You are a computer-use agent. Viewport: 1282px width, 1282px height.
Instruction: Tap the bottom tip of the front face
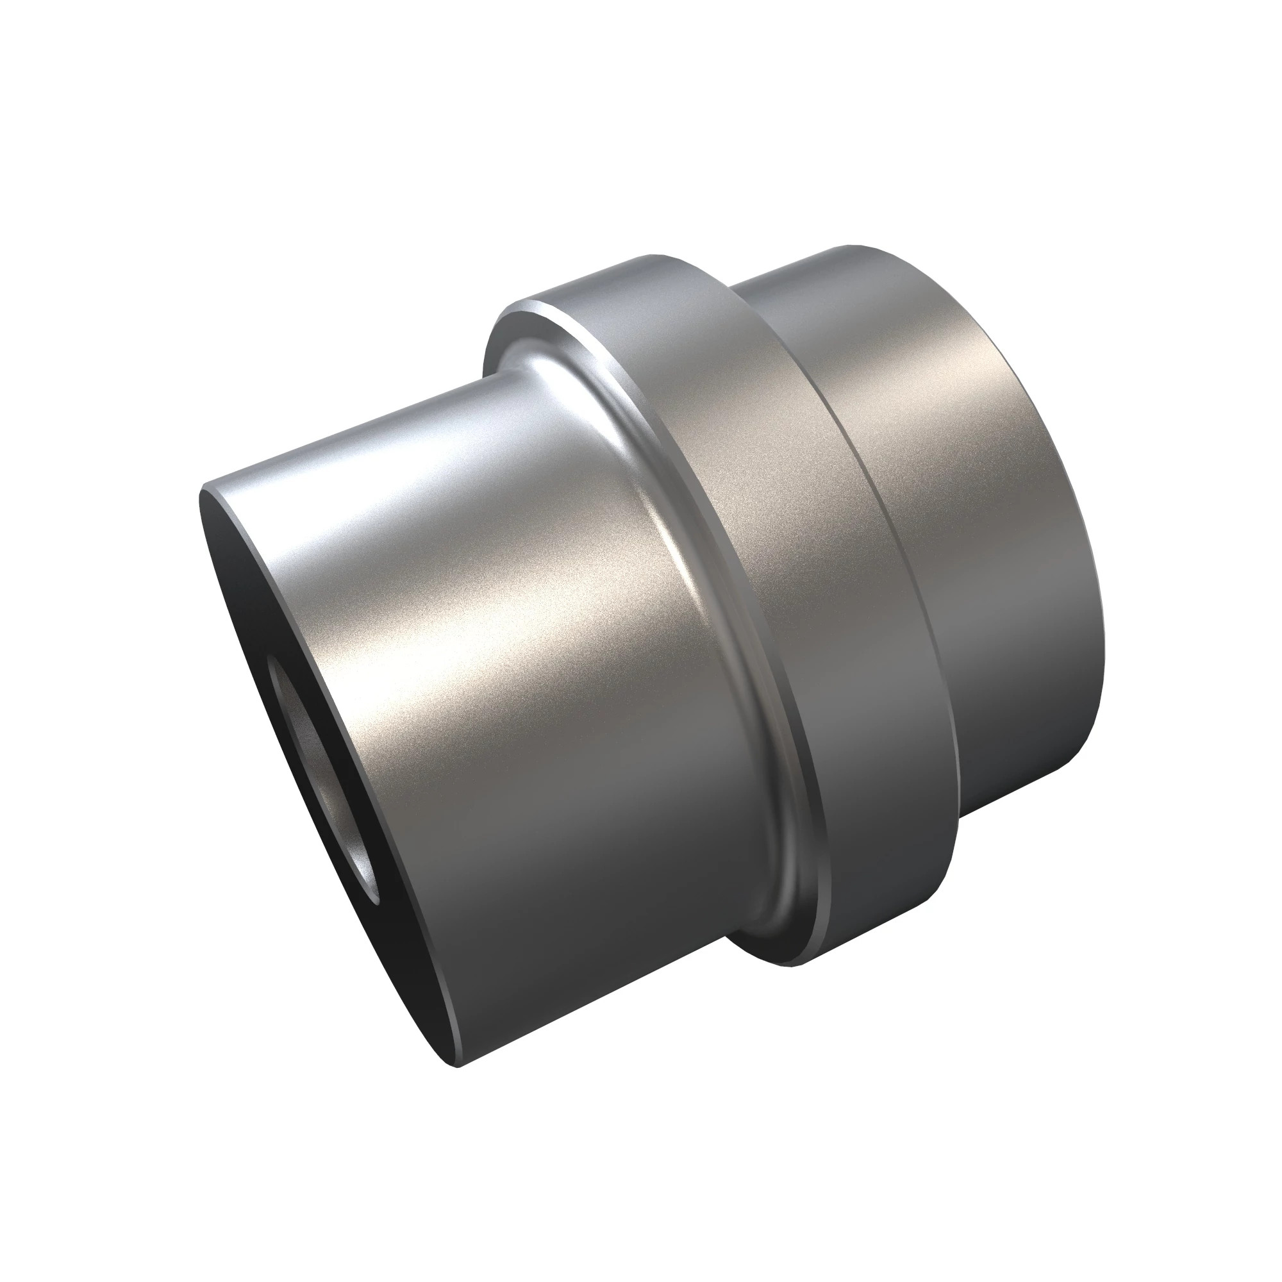click(x=458, y=1065)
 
